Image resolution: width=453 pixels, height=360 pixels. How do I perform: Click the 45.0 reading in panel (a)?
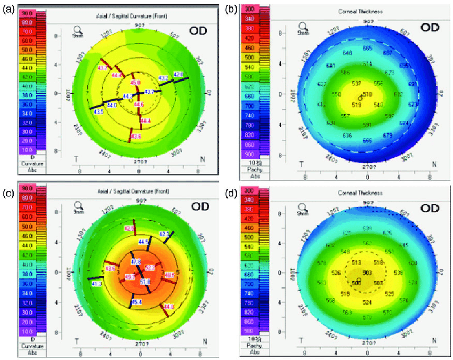pyautogui.click(x=135, y=83)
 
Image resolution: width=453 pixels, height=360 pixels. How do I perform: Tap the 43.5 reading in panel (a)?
pyautogui.click(x=99, y=111)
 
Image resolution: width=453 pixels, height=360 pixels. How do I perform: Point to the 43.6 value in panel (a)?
pyautogui.click(x=136, y=137)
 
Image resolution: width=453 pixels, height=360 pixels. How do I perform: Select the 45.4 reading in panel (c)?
pyautogui.click(x=137, y=302)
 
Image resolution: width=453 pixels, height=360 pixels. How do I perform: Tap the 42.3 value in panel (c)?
pyautogui.click(x=164, y=234)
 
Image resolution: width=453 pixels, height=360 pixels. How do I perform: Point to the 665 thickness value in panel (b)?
pyautogui.click(x=367, y=48)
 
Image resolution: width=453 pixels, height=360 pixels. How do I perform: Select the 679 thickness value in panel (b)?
pyautogui.click(x=387, y=135)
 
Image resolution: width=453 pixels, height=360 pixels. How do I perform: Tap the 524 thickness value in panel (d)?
pyautogui.click(x=367, y=302)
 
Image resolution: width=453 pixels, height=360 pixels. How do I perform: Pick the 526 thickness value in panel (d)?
pyautogui.click(x=336, y=273)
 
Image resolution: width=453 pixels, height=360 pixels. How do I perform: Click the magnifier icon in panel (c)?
pyautogui.click(x=78, y=204)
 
